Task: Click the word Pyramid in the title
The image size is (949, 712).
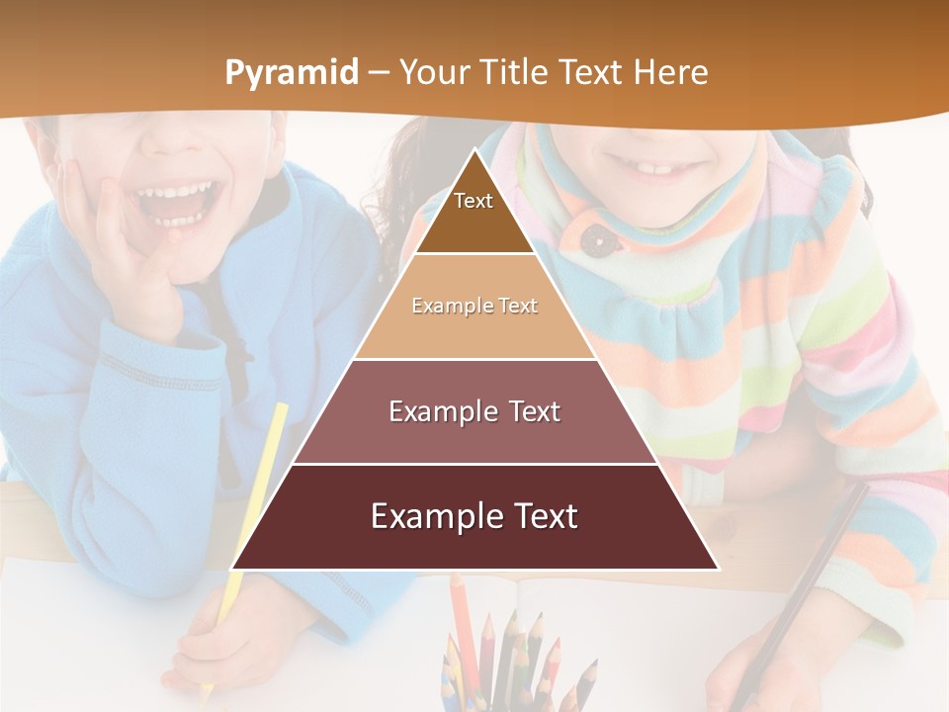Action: [292, 73]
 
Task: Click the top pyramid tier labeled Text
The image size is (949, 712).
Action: [474, 213]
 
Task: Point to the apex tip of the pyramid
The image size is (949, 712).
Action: [475, 151]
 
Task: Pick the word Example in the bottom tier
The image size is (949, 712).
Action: [428, 517]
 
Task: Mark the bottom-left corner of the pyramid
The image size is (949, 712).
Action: [233, 569]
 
